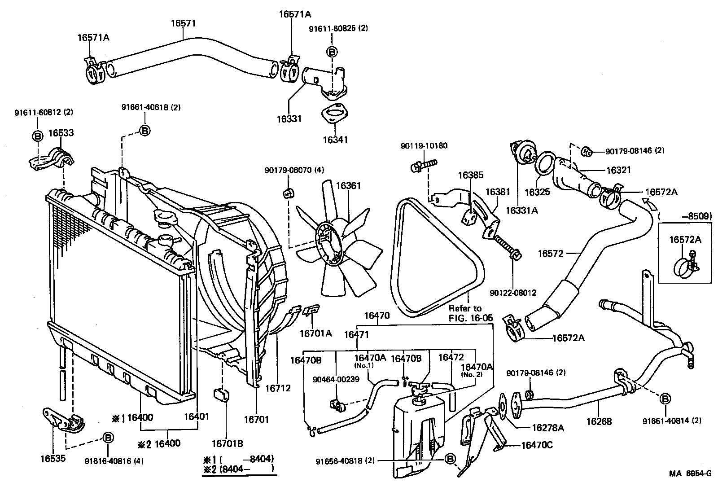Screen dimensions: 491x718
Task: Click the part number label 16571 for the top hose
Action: (183, 23)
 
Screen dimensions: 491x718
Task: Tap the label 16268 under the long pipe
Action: (599, 421)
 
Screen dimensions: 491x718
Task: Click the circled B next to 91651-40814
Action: (665, 398)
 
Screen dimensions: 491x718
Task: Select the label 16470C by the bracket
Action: (537, 445)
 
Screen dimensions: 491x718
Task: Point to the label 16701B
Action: (227, 444)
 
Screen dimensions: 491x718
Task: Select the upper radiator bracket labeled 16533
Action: (53, 160)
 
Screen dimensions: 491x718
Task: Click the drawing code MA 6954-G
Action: (690, 473)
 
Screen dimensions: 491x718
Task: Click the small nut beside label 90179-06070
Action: (288, 193)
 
